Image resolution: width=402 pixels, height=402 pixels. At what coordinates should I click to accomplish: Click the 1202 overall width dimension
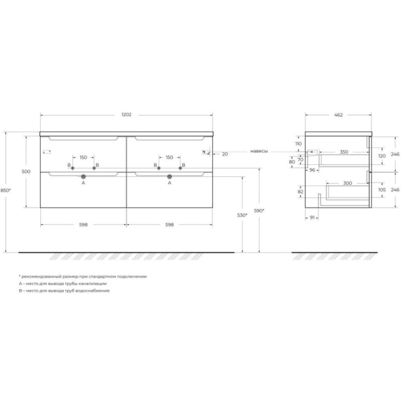pos(127,115)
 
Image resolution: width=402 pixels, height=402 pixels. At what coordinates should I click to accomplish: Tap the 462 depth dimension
pos(338,115)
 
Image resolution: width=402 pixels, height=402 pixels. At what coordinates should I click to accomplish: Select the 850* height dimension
pos(6,190)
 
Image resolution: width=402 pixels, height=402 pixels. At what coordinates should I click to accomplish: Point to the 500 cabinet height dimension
pos(26,171)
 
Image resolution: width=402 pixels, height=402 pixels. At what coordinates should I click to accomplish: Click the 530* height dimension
pos(242,215)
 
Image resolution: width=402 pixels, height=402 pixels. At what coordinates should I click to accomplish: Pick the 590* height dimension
pos(259,211)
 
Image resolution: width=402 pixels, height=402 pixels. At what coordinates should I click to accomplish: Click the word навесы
pos(259,151)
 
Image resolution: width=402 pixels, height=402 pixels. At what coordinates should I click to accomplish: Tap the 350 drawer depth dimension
pos(344,152)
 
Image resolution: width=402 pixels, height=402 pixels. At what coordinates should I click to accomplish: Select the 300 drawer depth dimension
pos(348,183)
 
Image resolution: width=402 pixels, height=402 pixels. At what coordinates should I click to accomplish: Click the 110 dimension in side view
pos(298,144)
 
